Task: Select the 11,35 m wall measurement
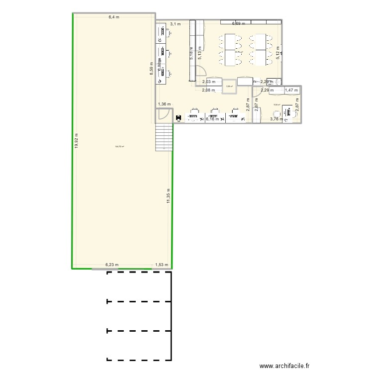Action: click(169, 196)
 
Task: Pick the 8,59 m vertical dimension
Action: click(152, 68)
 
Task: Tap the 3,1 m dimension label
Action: click(175, 23)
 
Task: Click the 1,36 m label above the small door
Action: click(164, 104)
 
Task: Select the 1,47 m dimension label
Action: click(291, 91)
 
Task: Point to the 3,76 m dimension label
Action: click(277, 119)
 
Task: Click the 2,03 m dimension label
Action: click(209, 82)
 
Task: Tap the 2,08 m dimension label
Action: click(208, 91)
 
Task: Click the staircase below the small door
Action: click(163, 136)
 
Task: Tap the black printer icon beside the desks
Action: click(178, 118)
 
